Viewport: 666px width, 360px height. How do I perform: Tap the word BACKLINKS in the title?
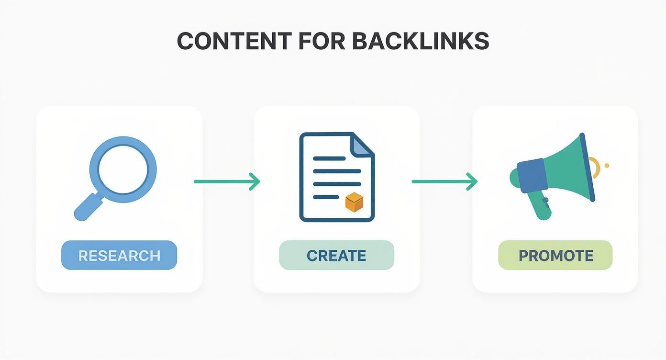[x=421, y=42]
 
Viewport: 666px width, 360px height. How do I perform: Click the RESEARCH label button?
[x=119, y=255]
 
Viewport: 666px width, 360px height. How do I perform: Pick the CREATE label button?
[x=336, y=255]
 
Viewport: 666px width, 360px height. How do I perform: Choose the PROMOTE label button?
[x=555, y=255]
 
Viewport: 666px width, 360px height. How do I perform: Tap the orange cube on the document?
[x=354, y=202]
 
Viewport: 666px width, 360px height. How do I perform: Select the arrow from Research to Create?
[x=227, y=181]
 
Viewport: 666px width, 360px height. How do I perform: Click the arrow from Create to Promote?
[x=444, y=181]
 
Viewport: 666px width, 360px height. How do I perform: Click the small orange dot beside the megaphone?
[x=607, y=166]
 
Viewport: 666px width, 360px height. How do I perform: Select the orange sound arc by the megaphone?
[x=596, y=168]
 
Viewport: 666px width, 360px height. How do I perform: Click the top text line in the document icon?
[x=329, y=158]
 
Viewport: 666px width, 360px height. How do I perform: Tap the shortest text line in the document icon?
[x=325, y=196]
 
